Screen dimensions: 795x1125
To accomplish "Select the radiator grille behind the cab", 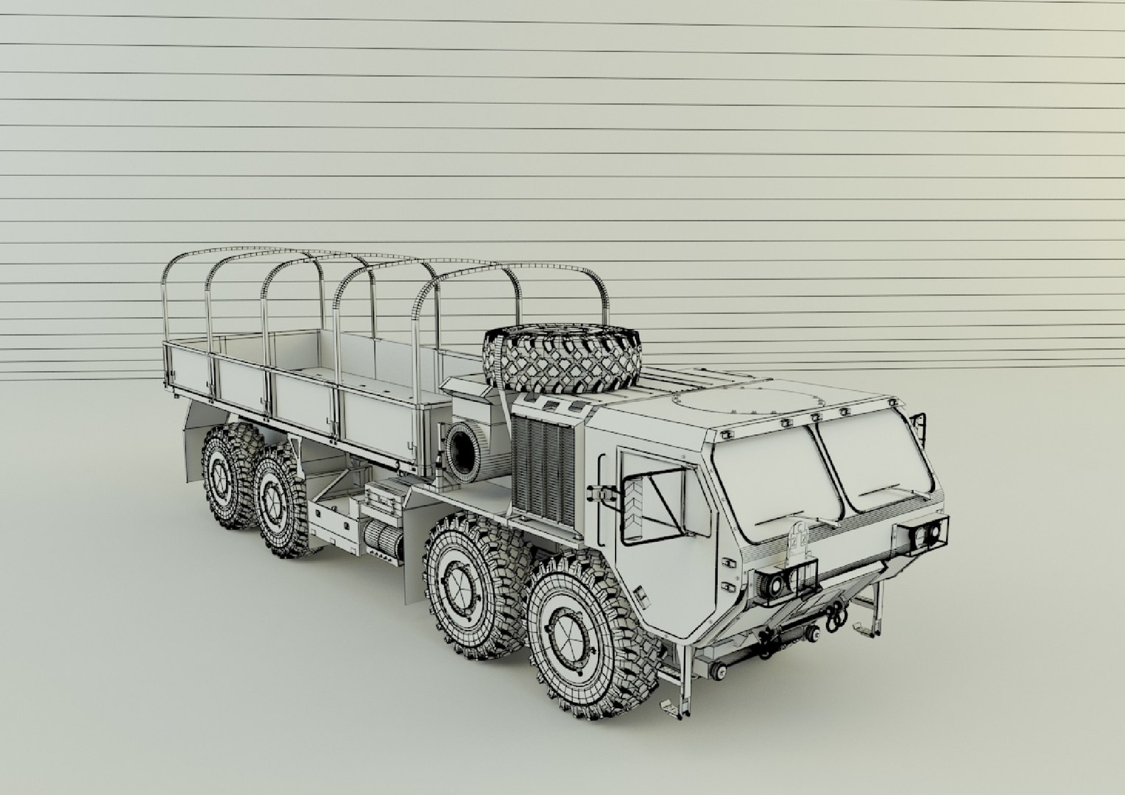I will click(x=543, y=467).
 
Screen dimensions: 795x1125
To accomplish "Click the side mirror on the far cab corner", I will click(x=917, y=425).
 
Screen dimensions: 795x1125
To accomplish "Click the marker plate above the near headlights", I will click(x=800, y=538).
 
